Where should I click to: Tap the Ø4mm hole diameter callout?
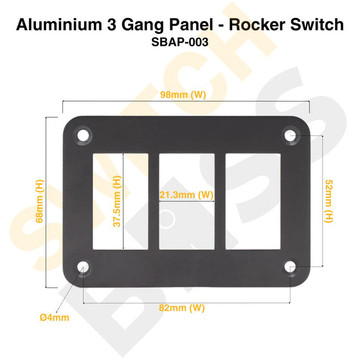[x=55, y=317]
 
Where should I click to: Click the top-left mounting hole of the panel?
[x=83, y=136]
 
